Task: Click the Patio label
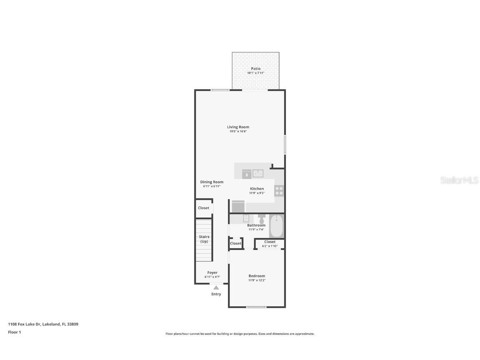pos(255,69)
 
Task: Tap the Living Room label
pos(238,127)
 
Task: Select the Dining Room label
pos(212,182)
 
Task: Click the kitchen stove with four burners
pos(279,191)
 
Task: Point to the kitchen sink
pos(257,173)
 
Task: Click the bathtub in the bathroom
pos(277,226)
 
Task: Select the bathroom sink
pos(246,218)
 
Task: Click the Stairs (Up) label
pos(204,239)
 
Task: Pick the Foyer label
pos(212,272)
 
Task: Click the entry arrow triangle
pos(216,287)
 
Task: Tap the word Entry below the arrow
pos(216,294)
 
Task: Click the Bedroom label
pos(257,276)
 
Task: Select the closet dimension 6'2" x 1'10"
pos(270,246)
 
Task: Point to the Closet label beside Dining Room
pos(204,208)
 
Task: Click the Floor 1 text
pos(14,332)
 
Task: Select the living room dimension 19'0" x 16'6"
pos(238,132)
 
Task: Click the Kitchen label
pos(257,189)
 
